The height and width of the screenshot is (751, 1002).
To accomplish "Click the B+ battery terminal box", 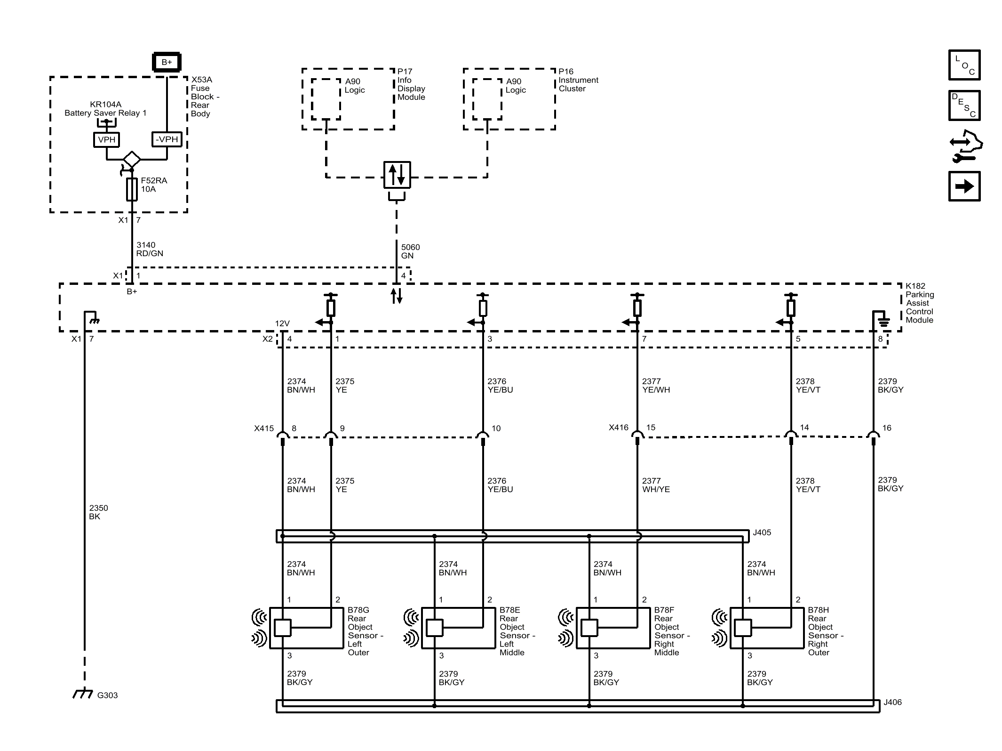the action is tap(167, 62).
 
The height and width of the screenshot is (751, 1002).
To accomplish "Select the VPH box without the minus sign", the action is tap(106, 140).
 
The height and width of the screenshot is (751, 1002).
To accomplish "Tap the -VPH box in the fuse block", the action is tap(167, 139).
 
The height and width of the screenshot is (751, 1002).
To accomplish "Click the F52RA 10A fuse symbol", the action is tap(132, 189).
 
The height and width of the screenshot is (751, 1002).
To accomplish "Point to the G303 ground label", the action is tap(107, 695).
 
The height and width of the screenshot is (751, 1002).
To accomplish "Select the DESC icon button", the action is tap(964, 105).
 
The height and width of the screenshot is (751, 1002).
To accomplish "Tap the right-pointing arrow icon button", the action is tap(964, 186).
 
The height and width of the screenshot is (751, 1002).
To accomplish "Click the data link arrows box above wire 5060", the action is tap(397, 175).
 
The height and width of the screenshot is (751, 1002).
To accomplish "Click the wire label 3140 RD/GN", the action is tap(150, 249).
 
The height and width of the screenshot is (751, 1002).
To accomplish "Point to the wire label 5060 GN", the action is tap(410, 251).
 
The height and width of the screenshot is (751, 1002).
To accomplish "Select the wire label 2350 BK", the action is tap(98, 512).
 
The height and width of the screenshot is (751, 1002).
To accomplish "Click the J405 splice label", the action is tap(762, 533).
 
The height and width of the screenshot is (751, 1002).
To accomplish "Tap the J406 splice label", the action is tap(892, 702).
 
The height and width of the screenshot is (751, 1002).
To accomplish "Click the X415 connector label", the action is tap(264, 428).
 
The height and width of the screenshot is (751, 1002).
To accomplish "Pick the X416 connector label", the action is tap(619, 428).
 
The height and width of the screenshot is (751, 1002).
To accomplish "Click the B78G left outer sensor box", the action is tap(307, 628).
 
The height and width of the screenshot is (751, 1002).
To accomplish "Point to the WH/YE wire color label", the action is tap(656, 490).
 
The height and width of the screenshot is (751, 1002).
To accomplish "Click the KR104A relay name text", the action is tap(106, 105).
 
